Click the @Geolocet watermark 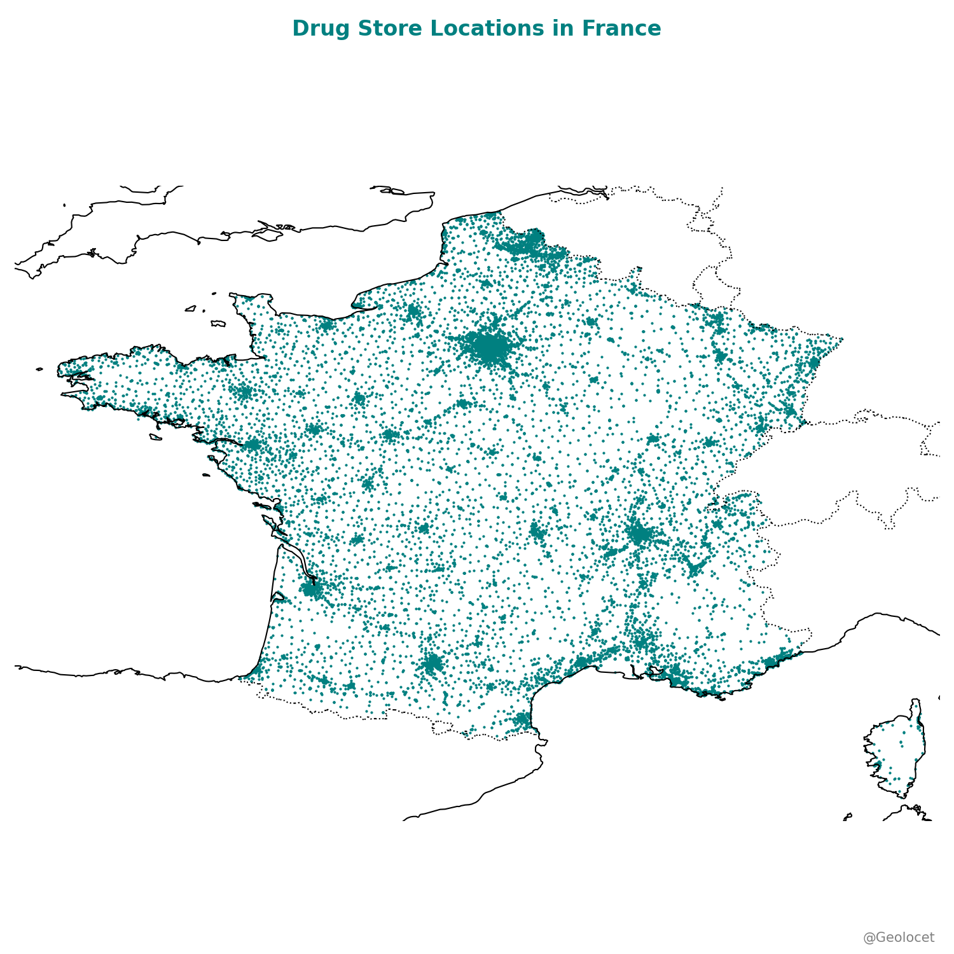[898, 937]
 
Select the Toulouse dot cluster [432, 664]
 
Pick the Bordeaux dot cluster [312, 590]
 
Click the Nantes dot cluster [253, 444]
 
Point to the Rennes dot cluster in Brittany [244, 392]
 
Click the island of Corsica [897, 750]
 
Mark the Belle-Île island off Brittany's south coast [156, 437]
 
